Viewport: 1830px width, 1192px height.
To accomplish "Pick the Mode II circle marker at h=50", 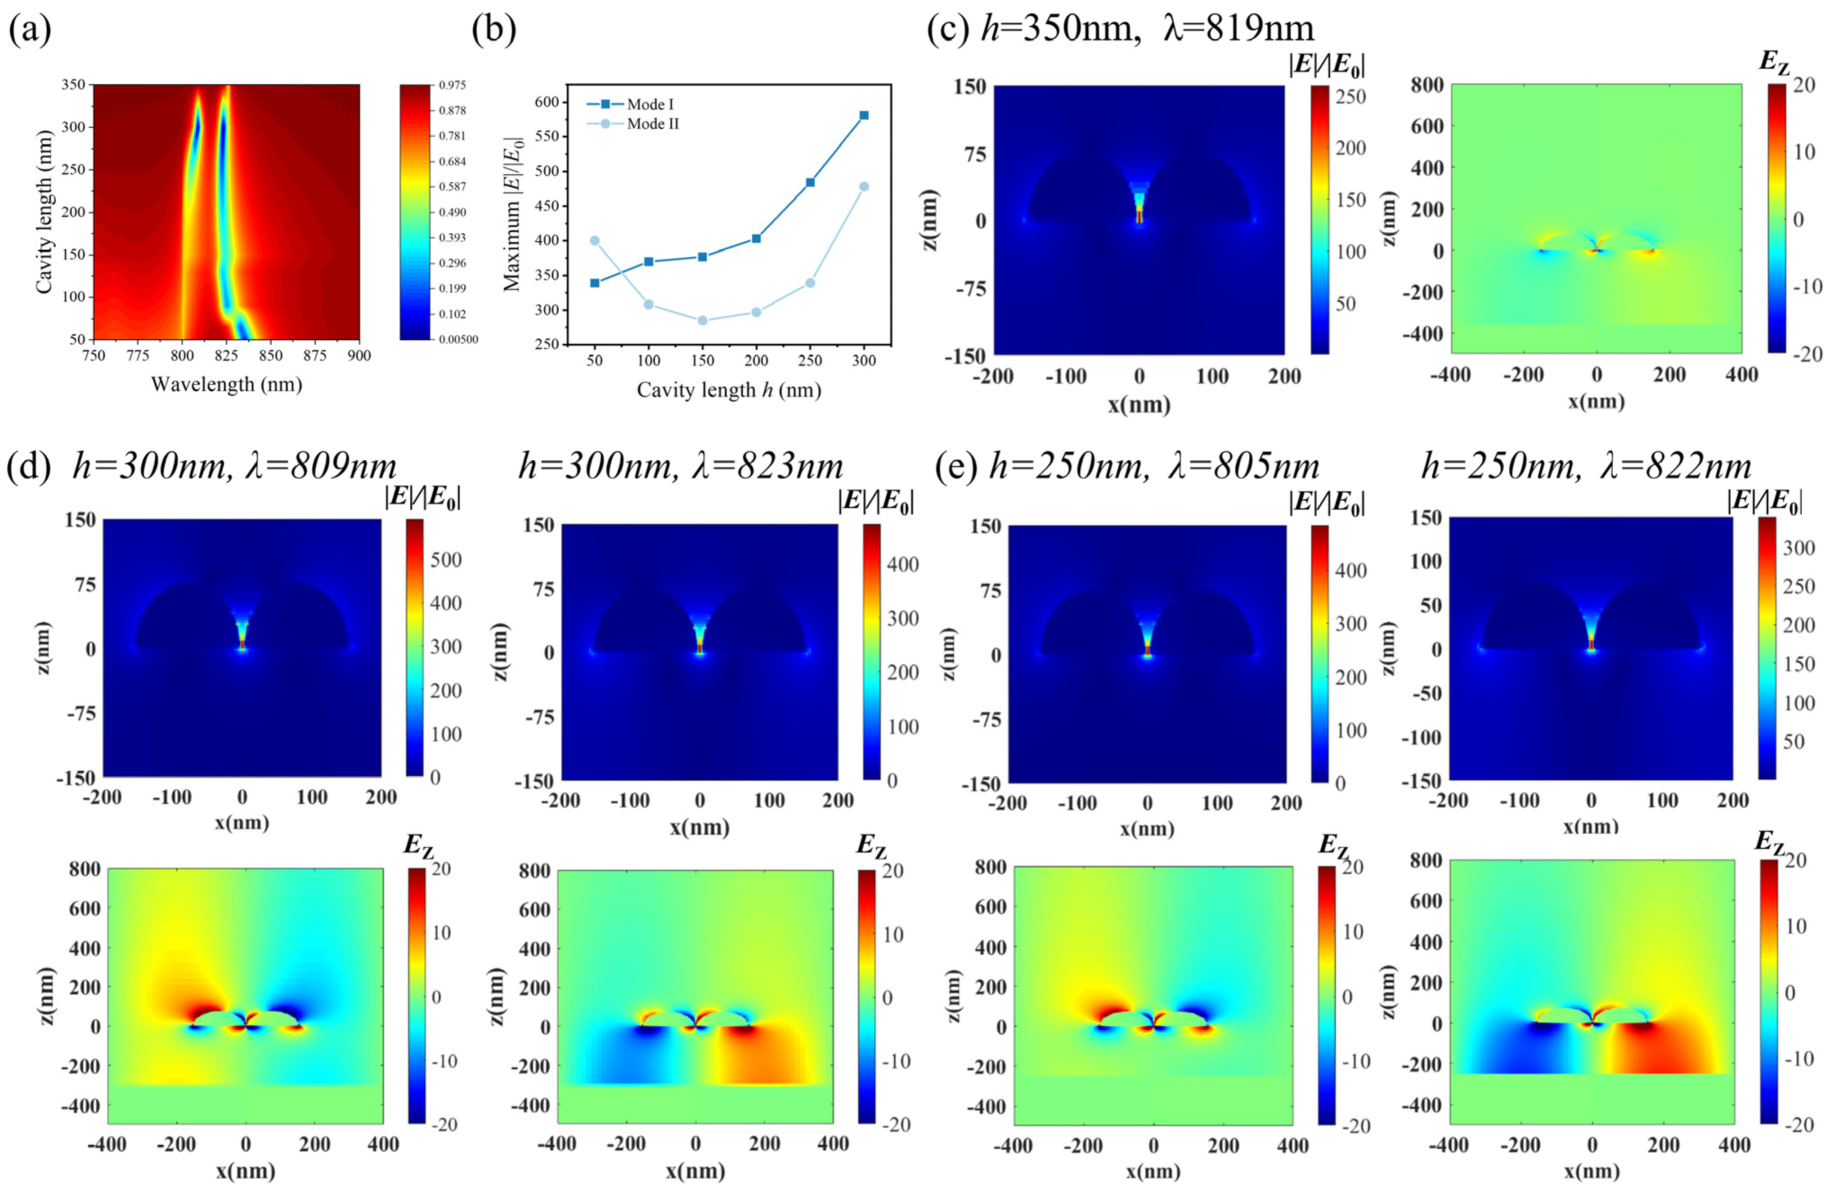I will (594, 241).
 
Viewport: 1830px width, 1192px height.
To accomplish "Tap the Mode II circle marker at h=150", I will (702, 321).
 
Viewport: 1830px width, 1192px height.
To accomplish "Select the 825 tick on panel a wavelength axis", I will (227, 355).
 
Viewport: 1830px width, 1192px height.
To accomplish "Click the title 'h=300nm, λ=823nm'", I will (681, 466).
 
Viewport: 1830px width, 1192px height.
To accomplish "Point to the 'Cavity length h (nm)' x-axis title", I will (728, 390).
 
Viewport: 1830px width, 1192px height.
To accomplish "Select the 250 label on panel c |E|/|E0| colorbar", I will (1351, 97).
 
